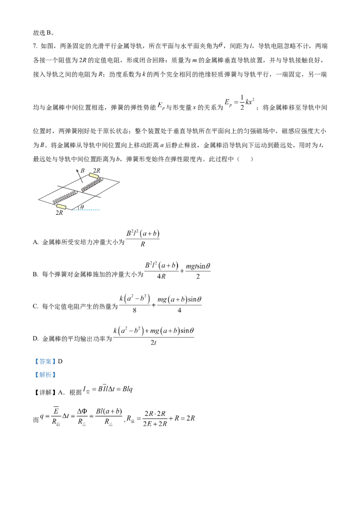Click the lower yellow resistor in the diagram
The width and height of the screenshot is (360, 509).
(x=61, y=206)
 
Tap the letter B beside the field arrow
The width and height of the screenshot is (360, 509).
(x=82, y=170)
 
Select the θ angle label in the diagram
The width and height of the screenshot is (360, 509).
(x=82, y=207)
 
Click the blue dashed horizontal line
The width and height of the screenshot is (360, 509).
(x=86, y=210)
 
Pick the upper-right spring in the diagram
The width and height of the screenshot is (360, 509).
(x=92, y=184)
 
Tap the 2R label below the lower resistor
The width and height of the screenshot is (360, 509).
(x=59, y=213)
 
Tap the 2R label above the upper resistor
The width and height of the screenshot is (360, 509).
(x=96, y=170)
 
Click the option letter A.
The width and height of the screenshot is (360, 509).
(x=36, y=242)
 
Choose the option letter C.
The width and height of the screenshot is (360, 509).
(x=36, y=306)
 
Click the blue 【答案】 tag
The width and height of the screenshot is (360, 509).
(x=45, y=362)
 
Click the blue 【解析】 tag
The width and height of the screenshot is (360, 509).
(x=45, y=375)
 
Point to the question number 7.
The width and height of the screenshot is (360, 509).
(x=35, y=46)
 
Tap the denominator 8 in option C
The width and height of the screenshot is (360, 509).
(x=135, y=310)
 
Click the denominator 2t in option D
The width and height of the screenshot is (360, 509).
(x=153, y=343)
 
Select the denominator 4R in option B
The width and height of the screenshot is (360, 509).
(x=161, y=276)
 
